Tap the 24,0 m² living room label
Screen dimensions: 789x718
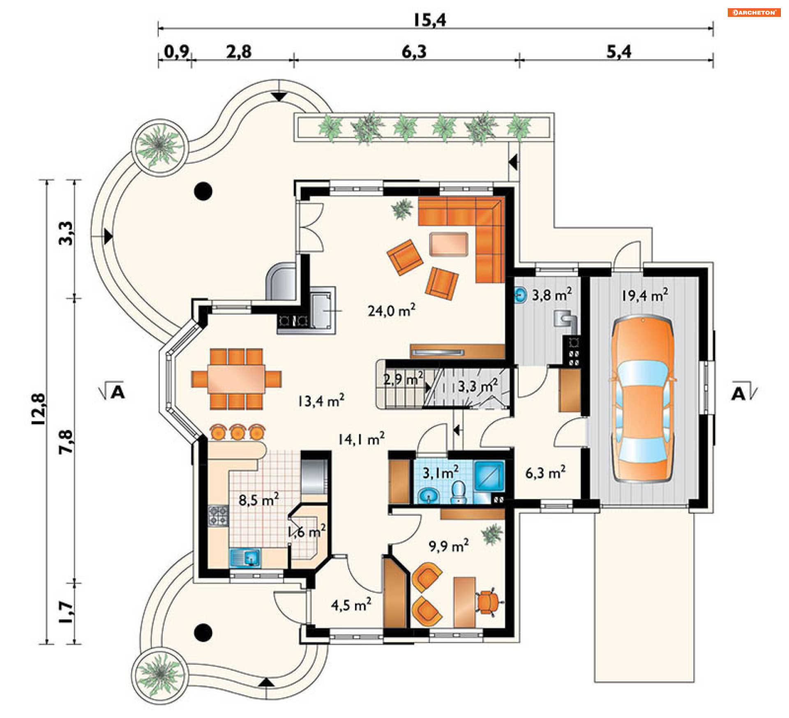pyautogui.click(x=391, y=310)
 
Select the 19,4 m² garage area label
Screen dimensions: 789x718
pyautogui.click(x=644, y=295)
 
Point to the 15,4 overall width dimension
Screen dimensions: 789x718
pyautogui.click(x=429, y=20)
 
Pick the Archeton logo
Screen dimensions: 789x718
pyautogui.click(x=754, y=12)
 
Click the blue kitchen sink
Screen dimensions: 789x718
pyautogui.click(x=245, y=558)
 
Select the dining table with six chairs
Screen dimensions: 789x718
pyautogui.click(x=236, y=379)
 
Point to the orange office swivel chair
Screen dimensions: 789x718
pyautogui.click(x=488, y=602)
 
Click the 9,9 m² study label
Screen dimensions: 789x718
pyautogui.click(x=448, y=546)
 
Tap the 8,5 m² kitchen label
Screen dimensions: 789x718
pyautogui.click(x=259, y=499)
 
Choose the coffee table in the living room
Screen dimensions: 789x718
pyautogui.click(x=449, y=244)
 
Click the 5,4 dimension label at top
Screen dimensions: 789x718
pyautogui.click(x=619, y=52)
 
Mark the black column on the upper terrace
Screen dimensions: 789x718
pyautogui.click(x=203, y=191)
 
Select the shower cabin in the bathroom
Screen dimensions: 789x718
pyautogui.click(x=489, y=476)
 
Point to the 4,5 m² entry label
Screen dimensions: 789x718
pyautogui.click(x=351, y=605)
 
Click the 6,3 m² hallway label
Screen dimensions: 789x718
pyautogui.click(x=545, y=472)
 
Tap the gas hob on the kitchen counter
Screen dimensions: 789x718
pyautogui.click(x=218, y=516)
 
